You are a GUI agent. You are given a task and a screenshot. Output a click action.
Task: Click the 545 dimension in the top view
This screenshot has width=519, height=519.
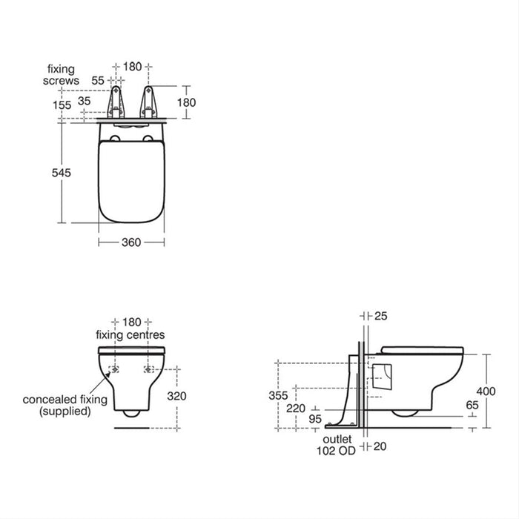coord(62,172)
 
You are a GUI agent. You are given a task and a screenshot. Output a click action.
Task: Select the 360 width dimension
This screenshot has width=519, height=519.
coord(130,242)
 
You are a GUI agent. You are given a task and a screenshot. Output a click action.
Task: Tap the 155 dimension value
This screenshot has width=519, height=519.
coord(62,105)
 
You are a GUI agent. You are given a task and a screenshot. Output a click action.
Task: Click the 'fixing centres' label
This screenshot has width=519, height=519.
coord(130,335)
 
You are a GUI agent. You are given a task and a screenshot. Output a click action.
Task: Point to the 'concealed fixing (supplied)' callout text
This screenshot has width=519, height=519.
coord(65,405)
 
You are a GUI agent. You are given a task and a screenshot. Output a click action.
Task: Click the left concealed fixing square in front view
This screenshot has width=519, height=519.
coord(115,368)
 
